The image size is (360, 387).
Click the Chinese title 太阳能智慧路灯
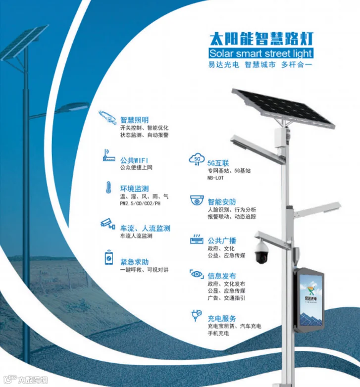point(261,38)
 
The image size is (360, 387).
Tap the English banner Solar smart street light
point(261,53)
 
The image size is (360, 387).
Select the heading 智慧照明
point(134,119)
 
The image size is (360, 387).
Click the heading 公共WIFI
point(134,160)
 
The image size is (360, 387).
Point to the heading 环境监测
point(134,189)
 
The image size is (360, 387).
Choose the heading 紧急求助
point(134,261)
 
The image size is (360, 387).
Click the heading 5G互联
point(218,163)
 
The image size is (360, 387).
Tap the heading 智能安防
point(221,201)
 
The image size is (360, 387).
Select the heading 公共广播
point(221,241)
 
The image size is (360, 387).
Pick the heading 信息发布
point(221,276)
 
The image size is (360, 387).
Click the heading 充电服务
point(221,318)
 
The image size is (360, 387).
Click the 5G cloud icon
point(197,159)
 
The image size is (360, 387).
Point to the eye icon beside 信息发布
point(197,274)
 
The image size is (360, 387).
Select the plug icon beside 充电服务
point(196,315)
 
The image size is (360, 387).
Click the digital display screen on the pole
point(309,300)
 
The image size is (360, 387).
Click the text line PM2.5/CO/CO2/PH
point(140,203)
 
